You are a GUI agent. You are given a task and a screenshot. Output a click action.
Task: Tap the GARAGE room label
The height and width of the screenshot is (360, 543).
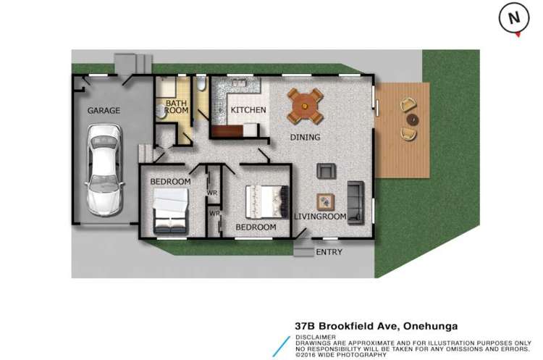tap(104, 111)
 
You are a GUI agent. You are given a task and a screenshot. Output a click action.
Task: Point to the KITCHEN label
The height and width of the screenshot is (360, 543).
tap(248, 110)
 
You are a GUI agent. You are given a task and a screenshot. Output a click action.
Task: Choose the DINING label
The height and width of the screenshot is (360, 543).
tap(306, 137)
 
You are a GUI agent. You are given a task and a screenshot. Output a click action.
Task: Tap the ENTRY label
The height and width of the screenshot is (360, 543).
tap(329, 252)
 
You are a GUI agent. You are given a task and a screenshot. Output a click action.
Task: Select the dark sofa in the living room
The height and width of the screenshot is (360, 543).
tap(355, 200)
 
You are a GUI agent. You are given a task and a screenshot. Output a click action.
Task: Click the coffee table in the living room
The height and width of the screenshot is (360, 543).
tap(326, 202)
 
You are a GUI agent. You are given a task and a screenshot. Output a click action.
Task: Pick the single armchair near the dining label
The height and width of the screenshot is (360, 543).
tap(327, 171)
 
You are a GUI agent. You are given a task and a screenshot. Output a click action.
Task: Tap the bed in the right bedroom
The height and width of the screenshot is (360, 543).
tap(266, 202)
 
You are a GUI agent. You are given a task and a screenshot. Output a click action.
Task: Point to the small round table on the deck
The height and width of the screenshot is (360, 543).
tap(411, 118)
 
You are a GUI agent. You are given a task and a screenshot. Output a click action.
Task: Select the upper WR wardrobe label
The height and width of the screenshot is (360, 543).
tap(212, 193)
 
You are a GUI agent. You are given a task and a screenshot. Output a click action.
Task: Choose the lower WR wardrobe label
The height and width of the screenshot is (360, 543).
tap(214, 214)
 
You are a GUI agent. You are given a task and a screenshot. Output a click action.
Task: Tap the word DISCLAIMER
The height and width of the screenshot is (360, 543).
tap(315, 338)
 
